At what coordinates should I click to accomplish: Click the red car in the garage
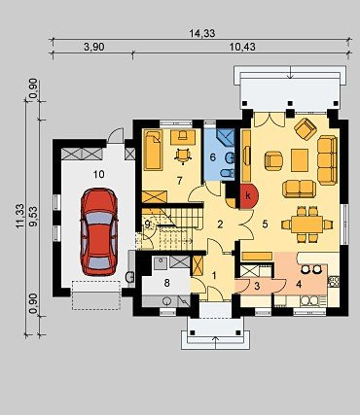click(x=99, y=231)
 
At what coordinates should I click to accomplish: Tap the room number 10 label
click(x=99, y=174)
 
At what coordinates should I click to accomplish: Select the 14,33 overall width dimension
click(x=202, y=33)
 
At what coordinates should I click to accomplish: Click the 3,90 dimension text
click(x=94, y=47)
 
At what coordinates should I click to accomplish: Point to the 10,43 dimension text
click(x=242, y=47)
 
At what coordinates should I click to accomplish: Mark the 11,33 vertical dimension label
click(x=19, y=216)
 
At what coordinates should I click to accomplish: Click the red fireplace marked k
click(x=249, y=196)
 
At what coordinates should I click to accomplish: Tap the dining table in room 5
click(x=306, y=225)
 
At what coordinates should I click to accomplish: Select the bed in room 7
click(x=153, y=150)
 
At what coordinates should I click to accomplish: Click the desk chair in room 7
click(x=183, y=155)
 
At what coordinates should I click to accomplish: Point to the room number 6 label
click(x=213, y=157)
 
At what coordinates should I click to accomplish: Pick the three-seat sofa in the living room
click(x=328, y=160)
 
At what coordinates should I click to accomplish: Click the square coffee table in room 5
click(x=300, y=160)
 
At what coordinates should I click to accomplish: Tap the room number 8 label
click(x=166, y=283)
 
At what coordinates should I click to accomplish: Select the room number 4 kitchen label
click(x=299, y=284)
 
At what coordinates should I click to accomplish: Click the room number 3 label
click(x=257, y=286)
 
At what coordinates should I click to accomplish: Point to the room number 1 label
click(x=214, y=276)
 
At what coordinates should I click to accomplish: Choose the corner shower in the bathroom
click(x=226, y=138)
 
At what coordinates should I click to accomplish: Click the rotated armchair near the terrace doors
click(x=306, y=129)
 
